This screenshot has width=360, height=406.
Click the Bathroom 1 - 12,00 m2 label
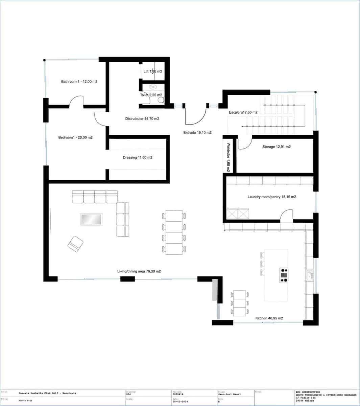pos(79,82)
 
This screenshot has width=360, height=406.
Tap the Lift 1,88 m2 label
pos(153,71)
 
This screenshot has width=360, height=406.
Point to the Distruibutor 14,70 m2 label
pos(142,119)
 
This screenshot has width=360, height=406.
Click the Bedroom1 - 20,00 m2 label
pos(75,137)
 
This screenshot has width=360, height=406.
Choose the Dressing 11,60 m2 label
pos(137,157)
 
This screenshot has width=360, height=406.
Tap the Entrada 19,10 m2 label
pos(197,133)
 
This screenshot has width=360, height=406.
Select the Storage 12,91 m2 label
pos(277,147)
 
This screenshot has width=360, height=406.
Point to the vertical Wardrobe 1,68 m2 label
pos(229,157)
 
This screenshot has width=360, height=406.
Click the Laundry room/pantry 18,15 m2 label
pos(272,197)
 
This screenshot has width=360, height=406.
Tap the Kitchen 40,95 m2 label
pos(269,318)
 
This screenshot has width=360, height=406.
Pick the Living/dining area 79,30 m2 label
pos(139,271)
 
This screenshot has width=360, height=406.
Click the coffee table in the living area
pos(91,219)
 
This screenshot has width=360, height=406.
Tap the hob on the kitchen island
pos(284,275)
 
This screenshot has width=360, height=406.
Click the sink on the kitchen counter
pos(309,276)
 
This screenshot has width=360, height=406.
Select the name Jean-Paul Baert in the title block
pos(230,394)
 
